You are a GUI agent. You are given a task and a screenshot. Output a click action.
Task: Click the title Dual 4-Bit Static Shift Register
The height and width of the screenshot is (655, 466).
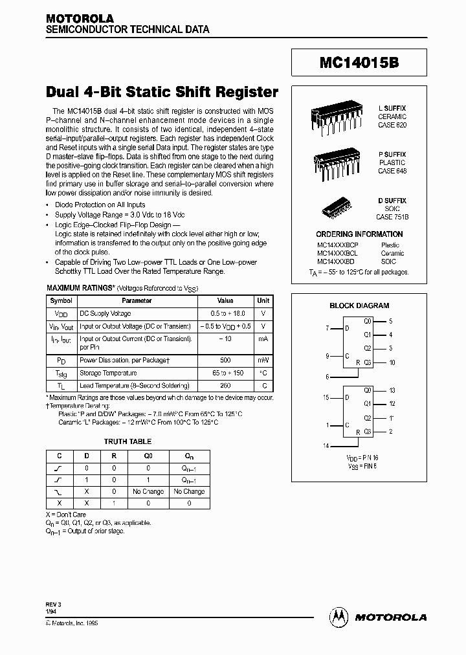[x=162, y=92]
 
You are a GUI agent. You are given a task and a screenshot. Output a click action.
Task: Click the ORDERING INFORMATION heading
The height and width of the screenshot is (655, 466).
[x=359, y=234]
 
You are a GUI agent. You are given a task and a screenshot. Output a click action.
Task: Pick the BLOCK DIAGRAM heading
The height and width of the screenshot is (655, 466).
[x=359, y=305]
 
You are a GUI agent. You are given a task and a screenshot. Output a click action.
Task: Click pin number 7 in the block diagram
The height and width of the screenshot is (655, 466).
[x=327, y=328]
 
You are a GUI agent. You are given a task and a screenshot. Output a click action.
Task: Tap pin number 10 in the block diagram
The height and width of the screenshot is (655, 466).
[x=392, y=362]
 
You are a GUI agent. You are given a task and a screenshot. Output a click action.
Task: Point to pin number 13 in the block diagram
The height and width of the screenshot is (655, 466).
[x=392, y=390]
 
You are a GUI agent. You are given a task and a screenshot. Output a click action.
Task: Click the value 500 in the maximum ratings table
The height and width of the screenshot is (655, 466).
[x=225, y=359]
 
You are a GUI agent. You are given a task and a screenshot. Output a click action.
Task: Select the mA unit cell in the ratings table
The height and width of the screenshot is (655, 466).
[x=263, y=338]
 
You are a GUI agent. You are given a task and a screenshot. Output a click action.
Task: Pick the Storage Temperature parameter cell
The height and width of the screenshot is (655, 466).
[x=108, y=373]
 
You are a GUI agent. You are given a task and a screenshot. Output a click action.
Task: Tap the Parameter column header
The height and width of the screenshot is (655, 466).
[x=137, y=300]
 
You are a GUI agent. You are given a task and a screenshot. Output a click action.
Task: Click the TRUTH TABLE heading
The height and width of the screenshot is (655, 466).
[x=128, y=441]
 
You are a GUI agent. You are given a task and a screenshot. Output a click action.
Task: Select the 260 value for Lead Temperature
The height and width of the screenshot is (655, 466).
[x=225, y=384]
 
